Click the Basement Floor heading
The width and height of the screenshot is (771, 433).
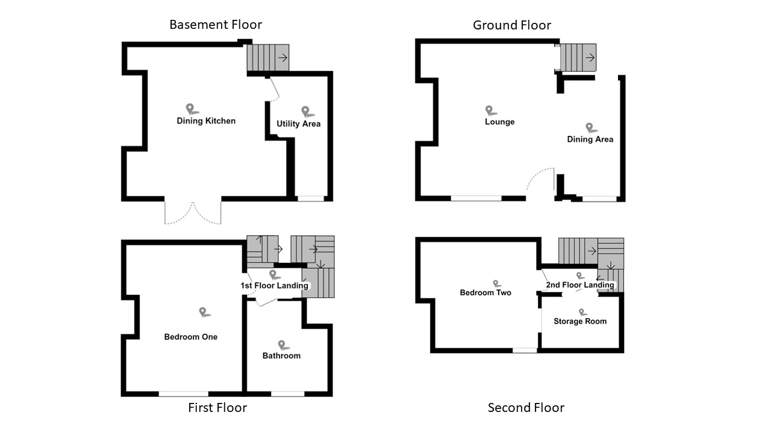216,25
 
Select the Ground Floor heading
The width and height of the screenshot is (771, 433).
511,25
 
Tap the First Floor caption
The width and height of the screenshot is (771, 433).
217,408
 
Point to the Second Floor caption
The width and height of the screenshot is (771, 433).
526,408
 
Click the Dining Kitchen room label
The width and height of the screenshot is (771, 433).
206,121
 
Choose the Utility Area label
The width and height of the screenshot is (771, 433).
298,124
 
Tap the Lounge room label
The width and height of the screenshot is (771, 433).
499,122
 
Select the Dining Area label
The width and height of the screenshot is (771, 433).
590,140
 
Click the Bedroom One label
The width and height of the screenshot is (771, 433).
191,337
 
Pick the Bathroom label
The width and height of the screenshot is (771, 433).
281,355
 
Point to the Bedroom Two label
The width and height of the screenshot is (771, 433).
485,293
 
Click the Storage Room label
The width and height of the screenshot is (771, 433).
580,321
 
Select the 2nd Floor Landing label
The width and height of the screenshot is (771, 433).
579,285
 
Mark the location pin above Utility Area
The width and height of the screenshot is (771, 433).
306,111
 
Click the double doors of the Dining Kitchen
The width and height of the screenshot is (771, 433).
193,213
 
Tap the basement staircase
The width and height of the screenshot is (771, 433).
268,58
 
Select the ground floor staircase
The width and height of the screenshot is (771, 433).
578,58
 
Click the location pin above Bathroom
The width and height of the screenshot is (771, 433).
282,345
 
